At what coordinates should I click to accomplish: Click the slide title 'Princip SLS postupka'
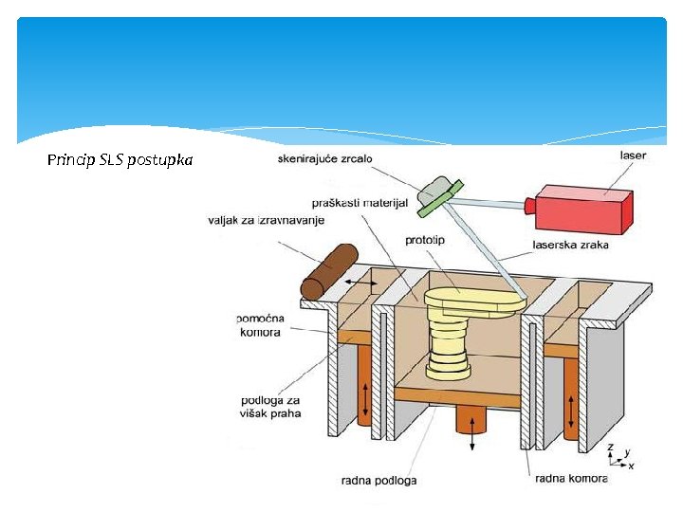click(120, 160)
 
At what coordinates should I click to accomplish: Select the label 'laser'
click(634, 155)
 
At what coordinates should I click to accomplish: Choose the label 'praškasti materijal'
click(360, 203)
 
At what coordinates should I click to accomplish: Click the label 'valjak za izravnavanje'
click(266, 221)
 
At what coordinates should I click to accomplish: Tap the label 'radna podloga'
click(378, 481)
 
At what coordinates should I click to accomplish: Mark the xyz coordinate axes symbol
click(618, 456)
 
